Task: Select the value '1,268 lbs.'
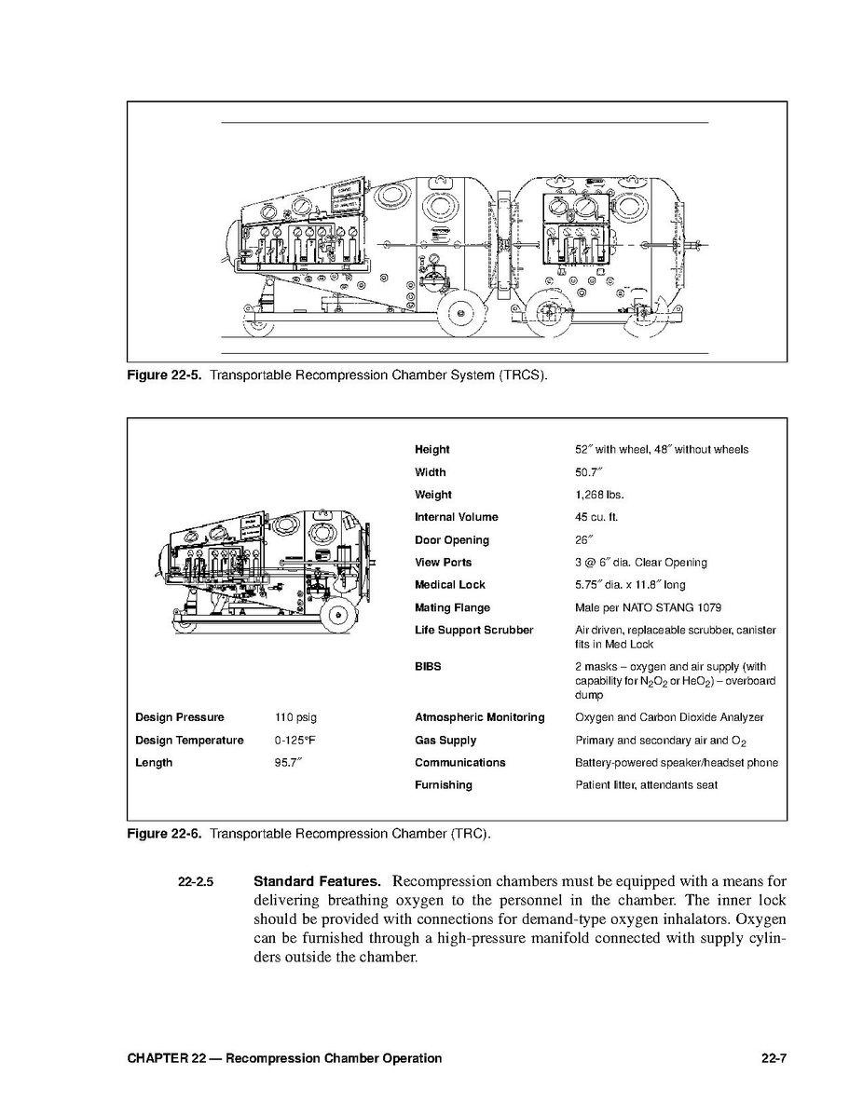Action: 599,495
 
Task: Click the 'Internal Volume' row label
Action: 456,517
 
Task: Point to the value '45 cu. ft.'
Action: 596,517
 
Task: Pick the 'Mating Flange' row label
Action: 452,607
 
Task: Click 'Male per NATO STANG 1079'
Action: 642,607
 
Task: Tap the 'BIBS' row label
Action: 428,667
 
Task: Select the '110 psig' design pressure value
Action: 295,717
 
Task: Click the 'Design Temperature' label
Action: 189,741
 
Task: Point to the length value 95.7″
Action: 288,763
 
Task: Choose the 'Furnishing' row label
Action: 443,785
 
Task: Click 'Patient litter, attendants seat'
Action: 646,785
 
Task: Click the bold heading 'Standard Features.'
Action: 317,881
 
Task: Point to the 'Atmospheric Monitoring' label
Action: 479,717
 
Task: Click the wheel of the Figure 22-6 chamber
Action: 338,613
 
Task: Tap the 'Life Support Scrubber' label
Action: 473,631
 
